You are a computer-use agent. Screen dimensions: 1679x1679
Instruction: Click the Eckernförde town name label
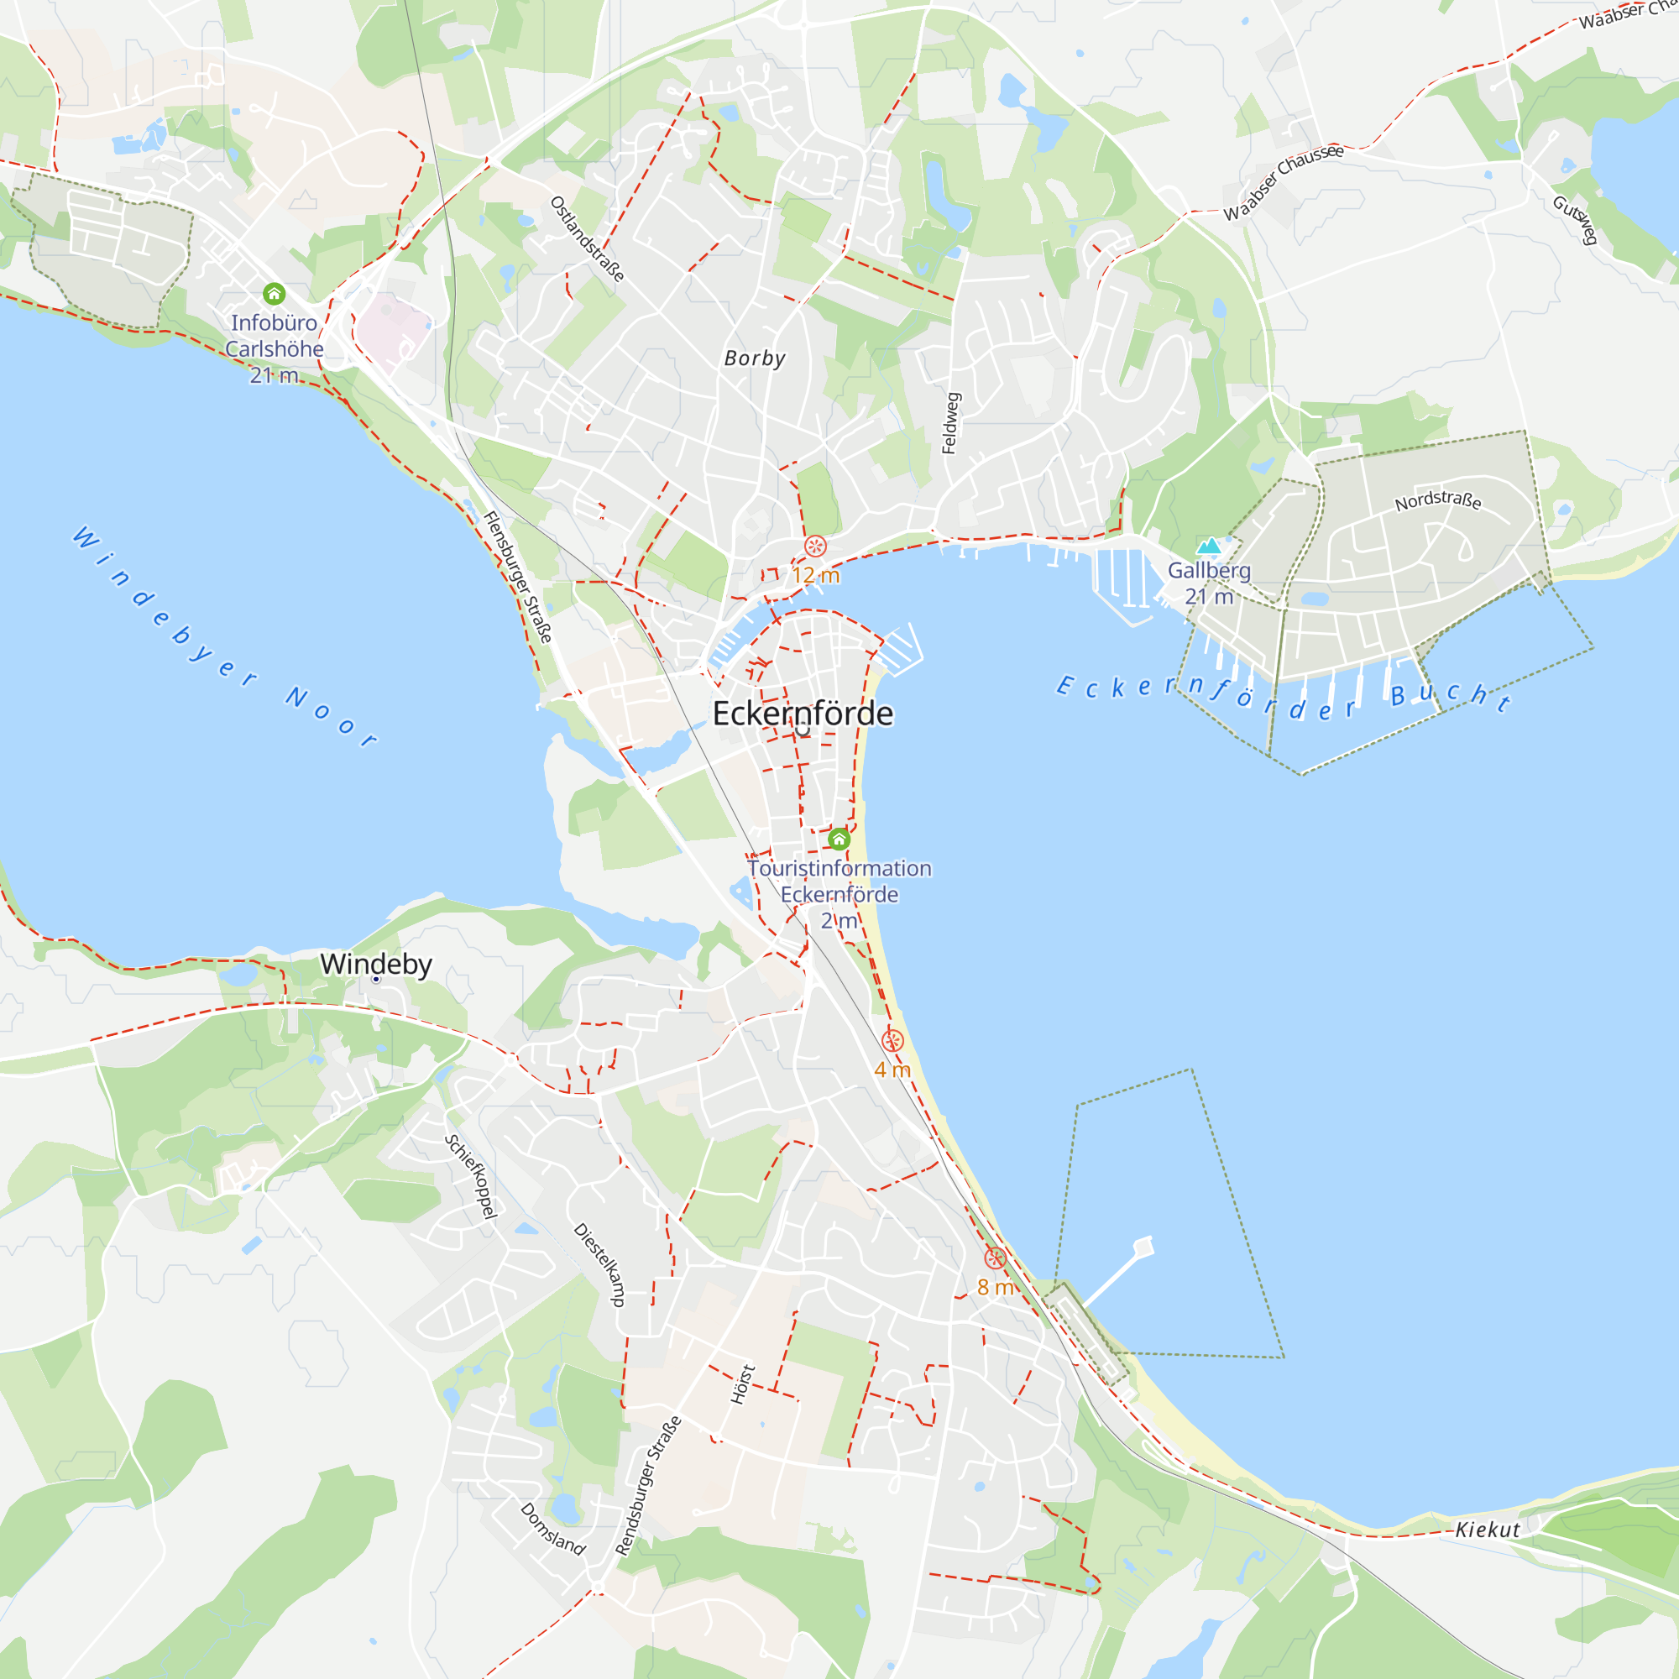802,714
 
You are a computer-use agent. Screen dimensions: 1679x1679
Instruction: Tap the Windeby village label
375,964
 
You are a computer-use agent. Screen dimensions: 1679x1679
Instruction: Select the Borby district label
755,358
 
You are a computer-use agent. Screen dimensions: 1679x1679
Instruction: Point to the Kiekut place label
1488,1530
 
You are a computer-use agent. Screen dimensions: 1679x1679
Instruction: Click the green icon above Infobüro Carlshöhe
274,294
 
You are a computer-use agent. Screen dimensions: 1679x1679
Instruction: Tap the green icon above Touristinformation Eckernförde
839,839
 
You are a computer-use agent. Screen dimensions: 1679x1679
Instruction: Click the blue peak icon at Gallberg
1208,546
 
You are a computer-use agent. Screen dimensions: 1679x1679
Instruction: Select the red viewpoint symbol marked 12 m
815,546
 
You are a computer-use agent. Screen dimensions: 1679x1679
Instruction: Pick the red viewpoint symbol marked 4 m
892,1040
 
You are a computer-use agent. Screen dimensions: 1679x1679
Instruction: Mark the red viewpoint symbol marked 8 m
995,1258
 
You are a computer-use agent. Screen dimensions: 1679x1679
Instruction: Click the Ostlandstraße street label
587,238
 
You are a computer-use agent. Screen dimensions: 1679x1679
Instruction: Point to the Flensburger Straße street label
518,577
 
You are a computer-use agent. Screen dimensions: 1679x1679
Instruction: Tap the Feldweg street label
951,423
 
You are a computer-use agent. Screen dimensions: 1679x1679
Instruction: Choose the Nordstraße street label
1437,501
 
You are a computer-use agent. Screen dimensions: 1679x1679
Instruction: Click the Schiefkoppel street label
471,1177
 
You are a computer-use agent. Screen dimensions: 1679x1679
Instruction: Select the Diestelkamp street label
599,1264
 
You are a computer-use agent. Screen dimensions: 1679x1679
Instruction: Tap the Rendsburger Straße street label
648,1485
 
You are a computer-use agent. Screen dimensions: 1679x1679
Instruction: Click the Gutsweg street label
1576,220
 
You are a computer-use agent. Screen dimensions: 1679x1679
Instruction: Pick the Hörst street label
742,1384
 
